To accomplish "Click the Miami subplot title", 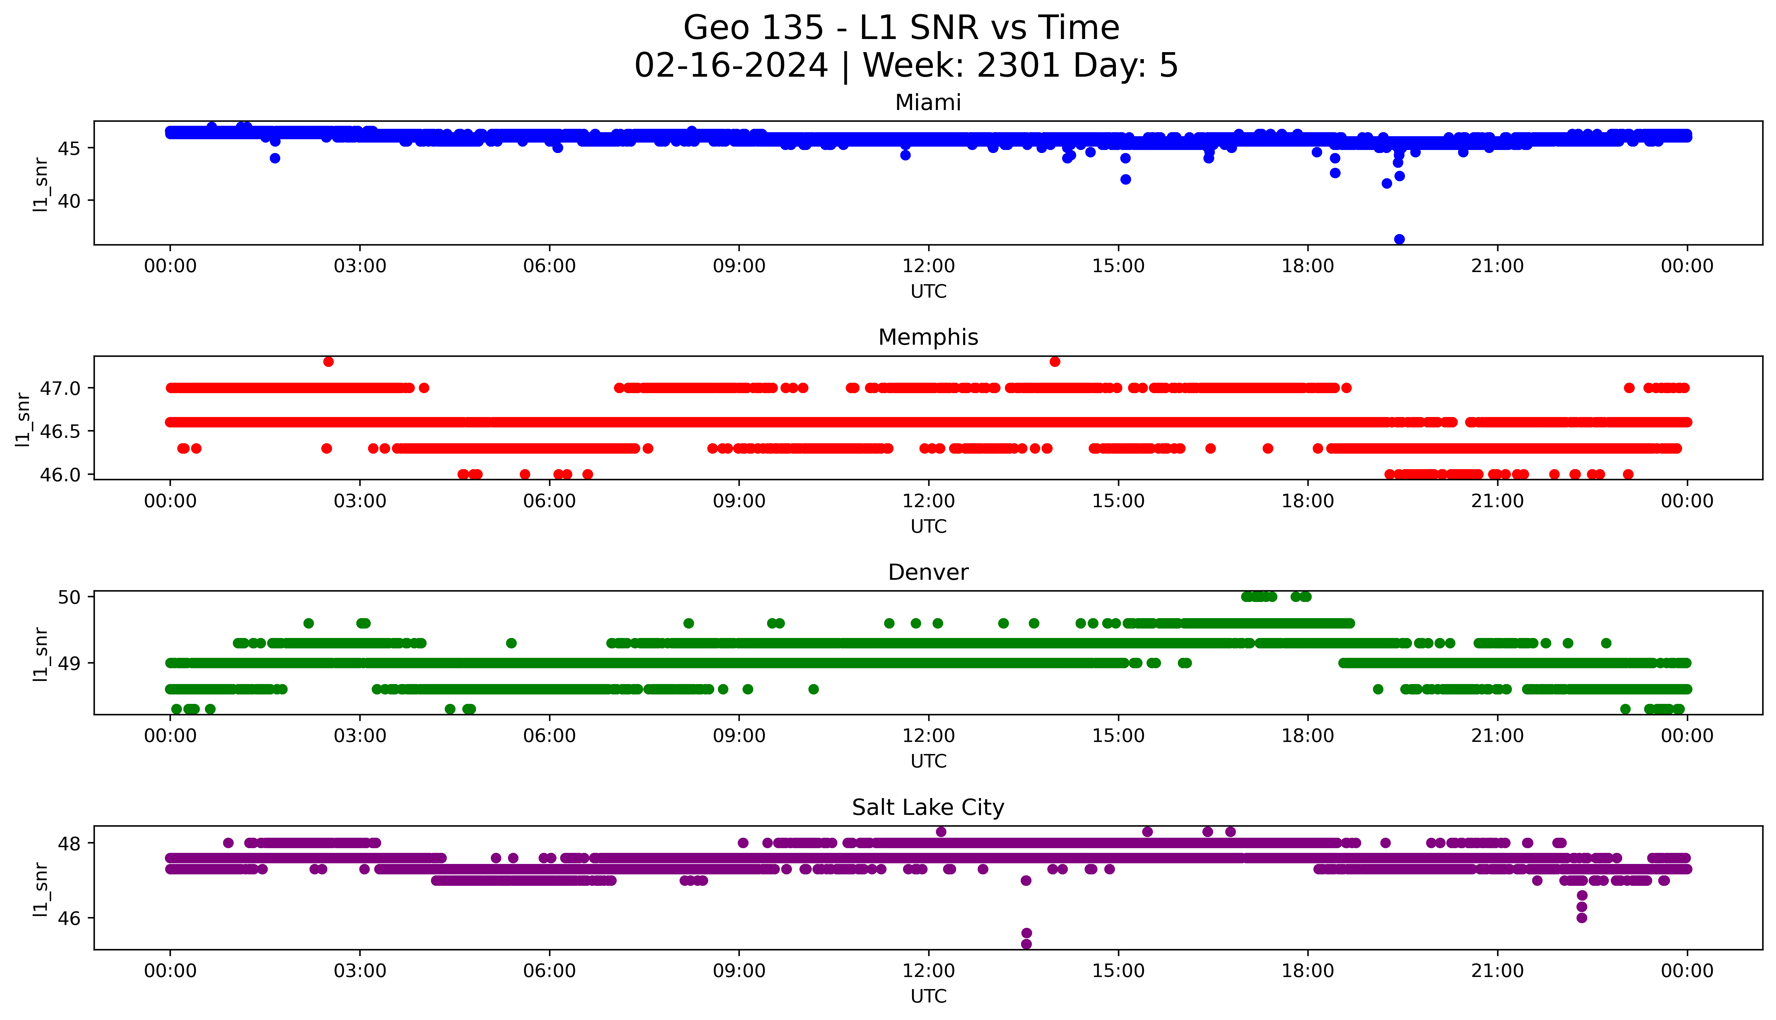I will (x=928, y=103).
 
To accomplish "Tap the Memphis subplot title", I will (x=928, y=338).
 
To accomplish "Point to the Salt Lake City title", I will (x=928, y=808).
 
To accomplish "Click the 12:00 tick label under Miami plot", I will (x=928, y=266).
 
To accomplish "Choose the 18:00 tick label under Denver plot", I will (x=1307, y=736).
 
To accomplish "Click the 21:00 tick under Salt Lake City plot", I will (x=1497, y=971).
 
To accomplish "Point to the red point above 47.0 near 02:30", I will (x=328, y=362).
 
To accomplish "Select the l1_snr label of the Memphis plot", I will (x=23, y=419).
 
